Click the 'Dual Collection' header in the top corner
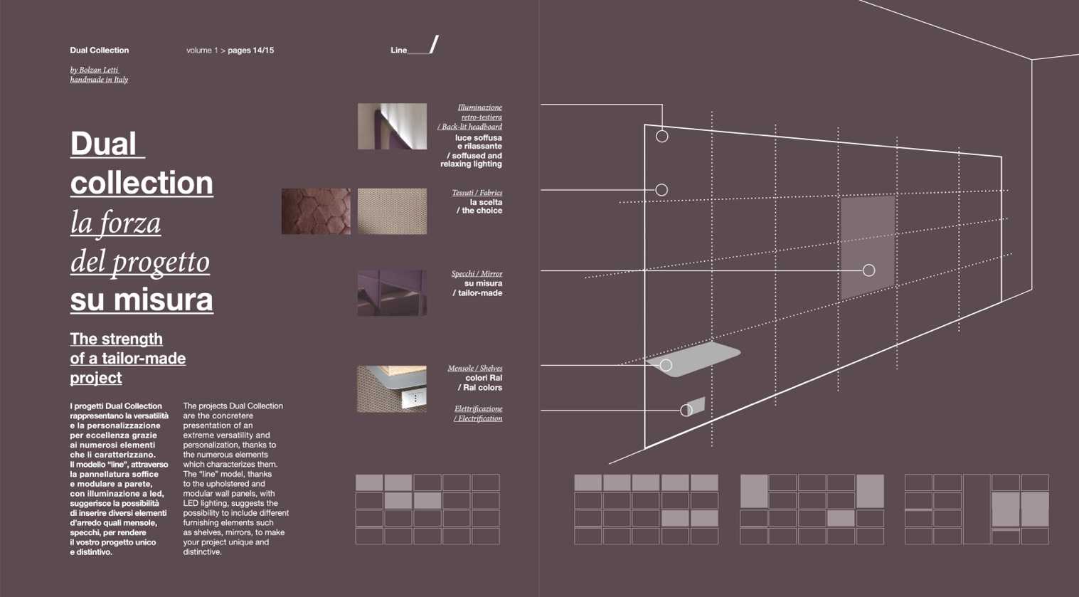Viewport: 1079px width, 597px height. tap(99, 51)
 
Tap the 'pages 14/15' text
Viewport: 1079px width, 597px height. tap(250, 51)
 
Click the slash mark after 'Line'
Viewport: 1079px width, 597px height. tap(434, 45)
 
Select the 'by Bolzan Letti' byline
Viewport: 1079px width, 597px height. tap(94, 70)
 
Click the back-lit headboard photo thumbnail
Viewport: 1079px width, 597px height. tap(392, 127)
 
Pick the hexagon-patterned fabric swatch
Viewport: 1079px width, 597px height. tap(316, 211)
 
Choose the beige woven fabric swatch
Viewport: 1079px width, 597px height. tap(392, 211)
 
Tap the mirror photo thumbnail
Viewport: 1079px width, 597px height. tap(392, 292)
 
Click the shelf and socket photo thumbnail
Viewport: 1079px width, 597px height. tap(392, 389)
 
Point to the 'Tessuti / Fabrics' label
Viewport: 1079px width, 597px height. tap(477, 193)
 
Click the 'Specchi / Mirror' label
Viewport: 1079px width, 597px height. tap(477, 274)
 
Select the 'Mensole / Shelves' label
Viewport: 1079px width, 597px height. tap(474, 369)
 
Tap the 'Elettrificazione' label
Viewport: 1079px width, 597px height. tap(478, 409)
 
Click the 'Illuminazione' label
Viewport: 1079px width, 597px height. tap(479, 107)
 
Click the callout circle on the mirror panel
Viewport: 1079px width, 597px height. tap(868, 270)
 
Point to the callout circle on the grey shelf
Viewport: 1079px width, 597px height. tap(666, 365)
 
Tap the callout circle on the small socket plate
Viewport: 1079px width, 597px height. tap(686, 410)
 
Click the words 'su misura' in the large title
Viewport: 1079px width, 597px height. tap(142, 299)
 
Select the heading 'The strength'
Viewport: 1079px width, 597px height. tap(116, 339)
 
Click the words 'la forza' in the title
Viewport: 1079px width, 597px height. tap(115, 223)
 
